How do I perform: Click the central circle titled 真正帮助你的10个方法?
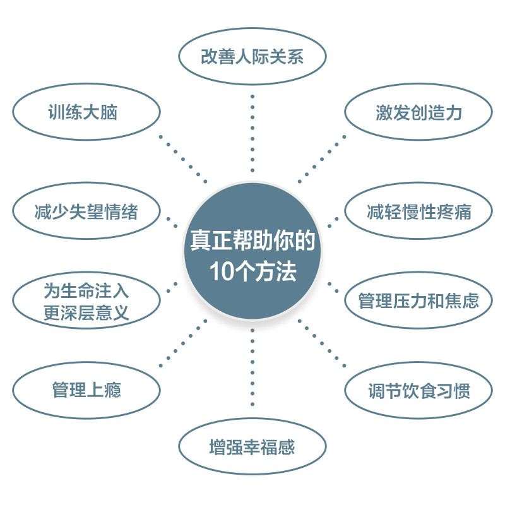[252, 252]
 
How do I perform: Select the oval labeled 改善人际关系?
[252, 57]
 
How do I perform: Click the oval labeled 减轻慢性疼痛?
[418, 211]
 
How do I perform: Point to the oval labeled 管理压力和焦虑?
[418, 300]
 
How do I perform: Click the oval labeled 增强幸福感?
[252, 448]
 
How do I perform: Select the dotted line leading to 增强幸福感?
[252, 366]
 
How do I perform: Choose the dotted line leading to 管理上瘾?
[183, 344]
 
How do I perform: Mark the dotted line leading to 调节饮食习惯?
[322, 344]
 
